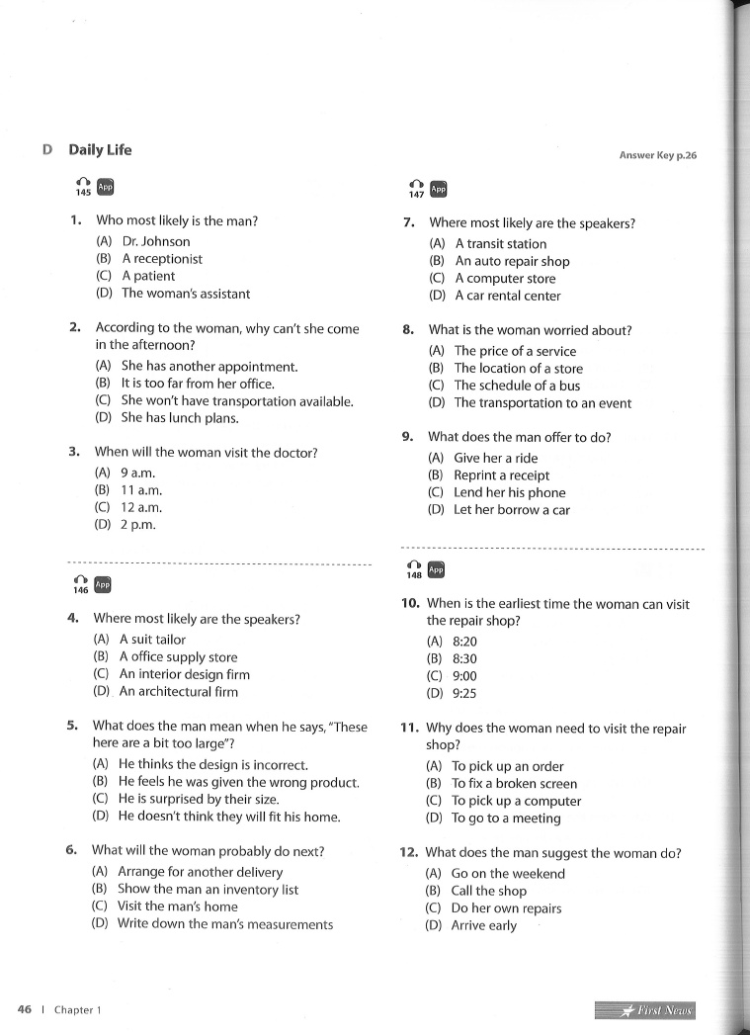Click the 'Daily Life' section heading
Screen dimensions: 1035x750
coord(100,150)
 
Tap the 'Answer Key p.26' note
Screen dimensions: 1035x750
coord(657,155)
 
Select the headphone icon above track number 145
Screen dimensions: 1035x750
coord(83,183)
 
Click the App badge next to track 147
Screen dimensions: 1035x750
coord(440,189)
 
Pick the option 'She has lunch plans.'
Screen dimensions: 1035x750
coord(179,418)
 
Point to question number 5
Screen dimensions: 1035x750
coord(72,726)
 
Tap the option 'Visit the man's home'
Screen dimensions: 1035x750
coord(178,906)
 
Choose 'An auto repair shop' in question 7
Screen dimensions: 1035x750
coord(512,261)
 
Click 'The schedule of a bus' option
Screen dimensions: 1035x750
coord(517,386)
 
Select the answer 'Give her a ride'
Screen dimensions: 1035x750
coord(496,458)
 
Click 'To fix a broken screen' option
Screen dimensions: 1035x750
coord(514,784)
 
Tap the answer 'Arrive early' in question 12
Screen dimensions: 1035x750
coord(483,926)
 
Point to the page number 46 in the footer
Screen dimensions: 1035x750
coord(25,1009)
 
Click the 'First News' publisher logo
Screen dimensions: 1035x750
coord(645,1010)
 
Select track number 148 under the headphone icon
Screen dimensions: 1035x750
coord(414,575)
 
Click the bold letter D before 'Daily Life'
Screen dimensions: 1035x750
coord(47,150)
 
